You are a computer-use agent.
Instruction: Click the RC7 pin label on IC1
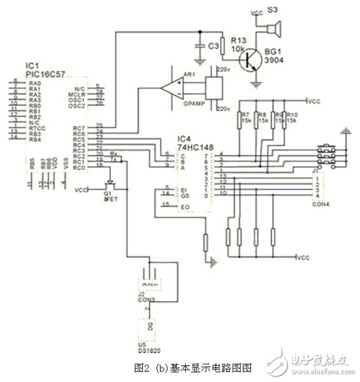pyautogui.click(x=81, y=127)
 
